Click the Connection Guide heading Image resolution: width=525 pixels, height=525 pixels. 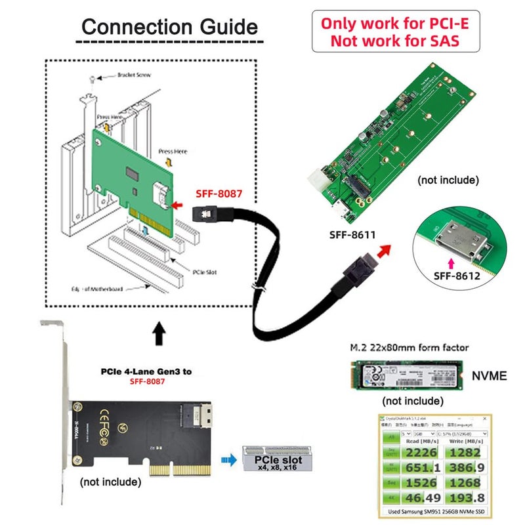[x=169, y=28]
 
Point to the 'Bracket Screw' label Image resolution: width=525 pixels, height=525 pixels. [x=133, y=75]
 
